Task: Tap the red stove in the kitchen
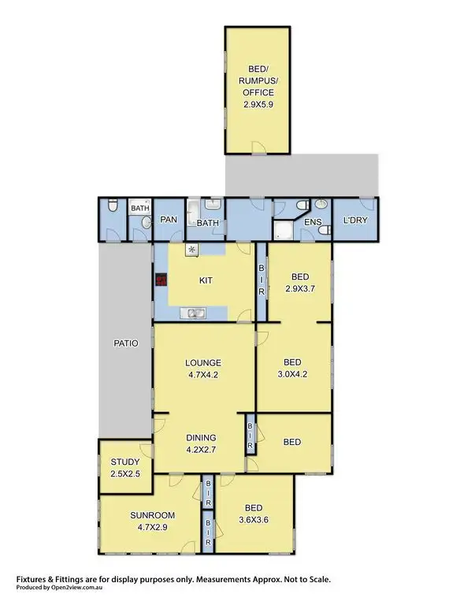pos(161,280)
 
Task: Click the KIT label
pos(206,280)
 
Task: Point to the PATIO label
pos(125,343)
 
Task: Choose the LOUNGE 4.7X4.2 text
pos(203,369)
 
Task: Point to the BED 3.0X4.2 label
pos(292,369)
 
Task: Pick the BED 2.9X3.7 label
pos(300,283)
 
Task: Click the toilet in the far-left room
pos(113,208)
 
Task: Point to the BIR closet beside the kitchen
pos(262,280)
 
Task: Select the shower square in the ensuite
pos(283,230)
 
